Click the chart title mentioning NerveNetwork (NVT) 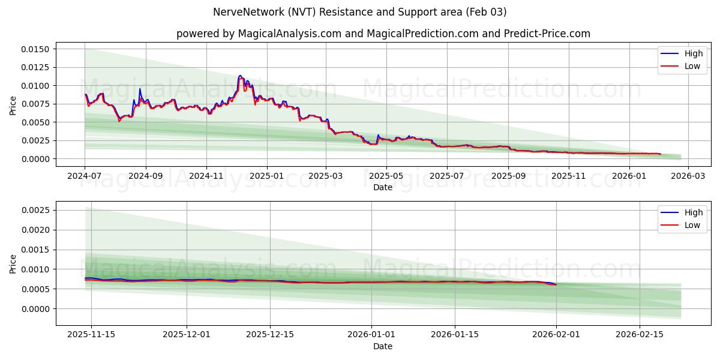point(359,12)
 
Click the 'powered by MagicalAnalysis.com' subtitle point(383,34)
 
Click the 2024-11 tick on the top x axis point(206,176)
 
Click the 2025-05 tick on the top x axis point(386,176)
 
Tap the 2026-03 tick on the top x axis point(688,176)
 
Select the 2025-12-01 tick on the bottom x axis point(187,335)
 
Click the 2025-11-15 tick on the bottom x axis point(91,335)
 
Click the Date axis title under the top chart point(383,187)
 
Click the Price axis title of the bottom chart point(13,263)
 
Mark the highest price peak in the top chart point(240,76)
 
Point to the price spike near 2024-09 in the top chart point(140,89)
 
